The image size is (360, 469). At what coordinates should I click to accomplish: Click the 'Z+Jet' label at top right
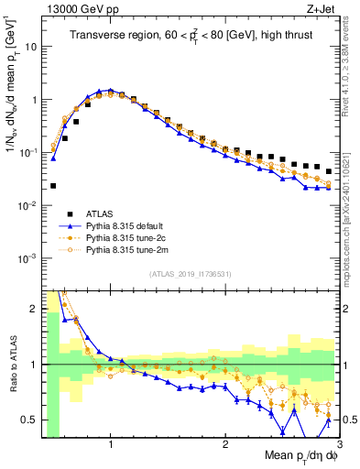(324, 8)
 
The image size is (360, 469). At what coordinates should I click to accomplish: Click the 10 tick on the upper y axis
(30, 45)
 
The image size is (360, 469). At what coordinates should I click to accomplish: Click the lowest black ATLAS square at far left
(53, 185)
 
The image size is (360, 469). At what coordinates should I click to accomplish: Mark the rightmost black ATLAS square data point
(329, 171)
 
